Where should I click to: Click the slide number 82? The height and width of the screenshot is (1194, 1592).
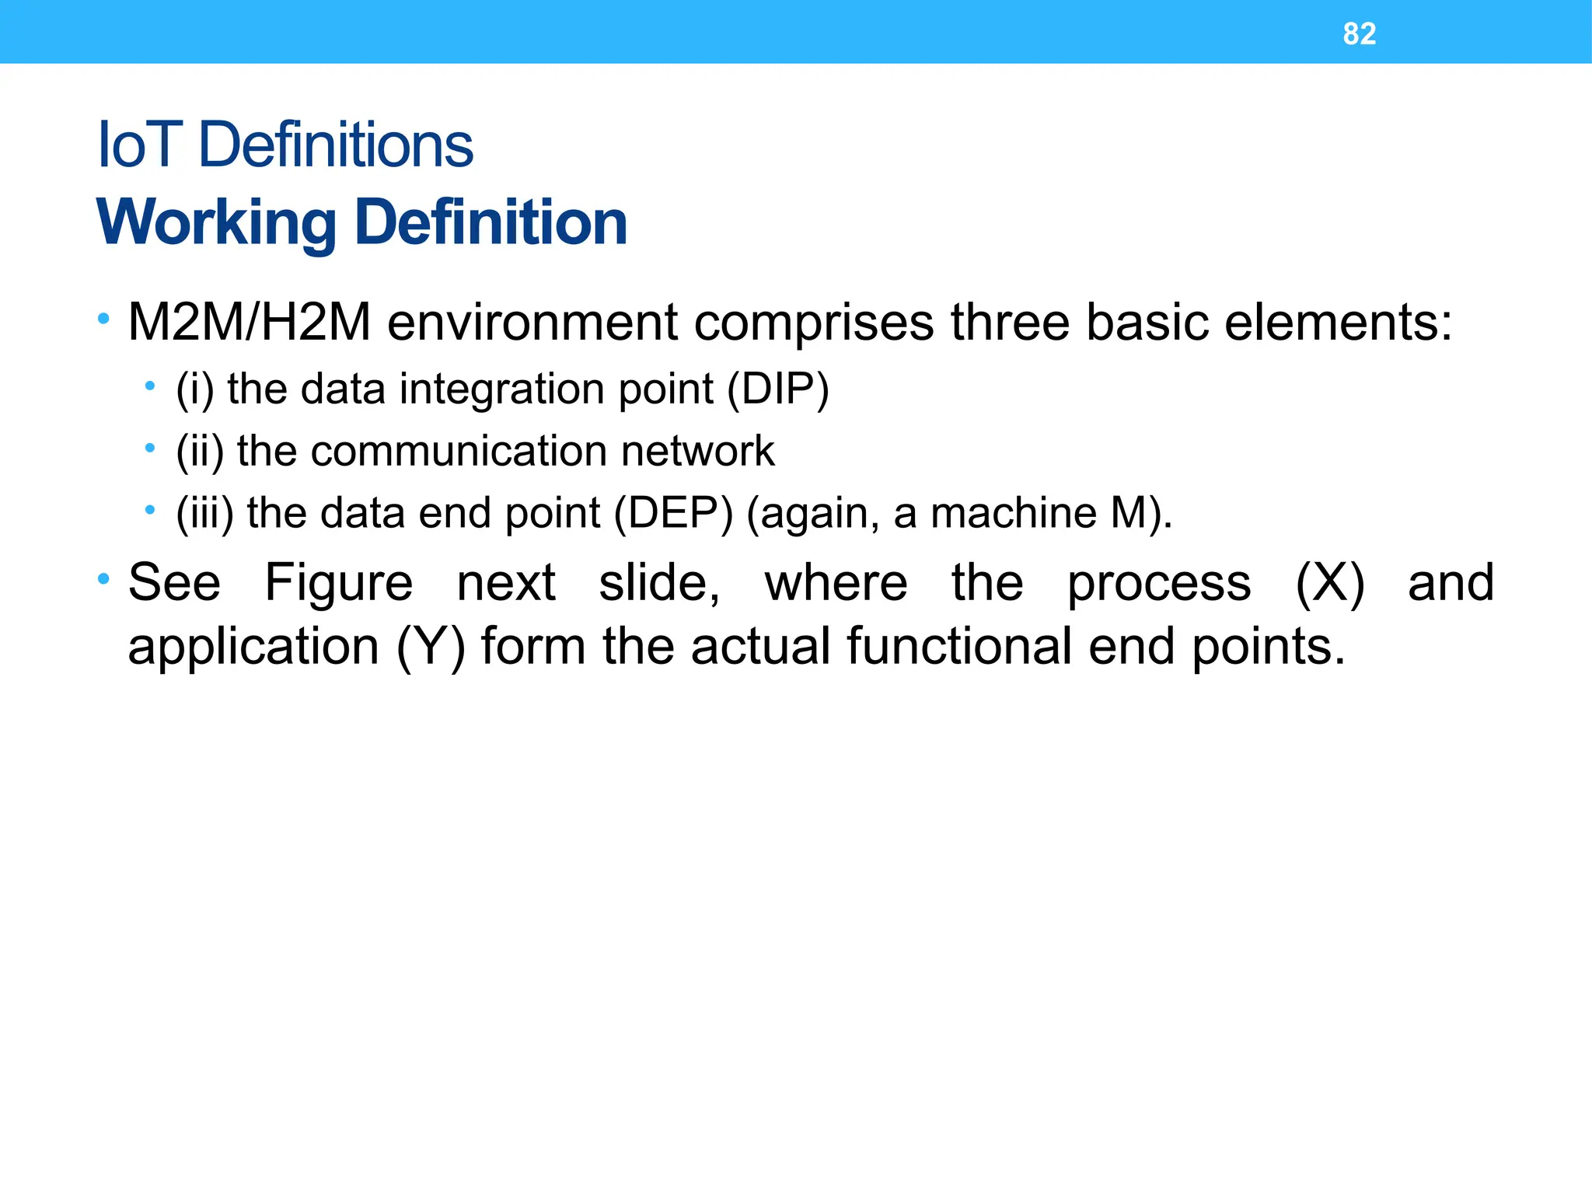(1359, 33)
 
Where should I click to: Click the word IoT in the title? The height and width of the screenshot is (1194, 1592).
(139, 145)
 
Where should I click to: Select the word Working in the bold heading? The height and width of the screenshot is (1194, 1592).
(217, 223)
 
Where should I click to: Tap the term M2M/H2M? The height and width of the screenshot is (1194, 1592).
(249, 323)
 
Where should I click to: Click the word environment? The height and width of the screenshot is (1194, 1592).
(532, 323)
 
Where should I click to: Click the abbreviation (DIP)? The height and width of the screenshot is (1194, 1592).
(778, 389)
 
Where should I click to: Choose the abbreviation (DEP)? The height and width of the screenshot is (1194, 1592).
(673, 514)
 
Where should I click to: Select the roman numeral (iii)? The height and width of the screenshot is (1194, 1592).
(204, 514)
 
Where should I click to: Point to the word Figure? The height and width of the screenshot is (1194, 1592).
(338, 583)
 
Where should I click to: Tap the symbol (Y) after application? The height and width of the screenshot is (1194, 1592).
(431, 647)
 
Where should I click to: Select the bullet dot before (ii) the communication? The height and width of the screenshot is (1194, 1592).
(150, 448)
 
